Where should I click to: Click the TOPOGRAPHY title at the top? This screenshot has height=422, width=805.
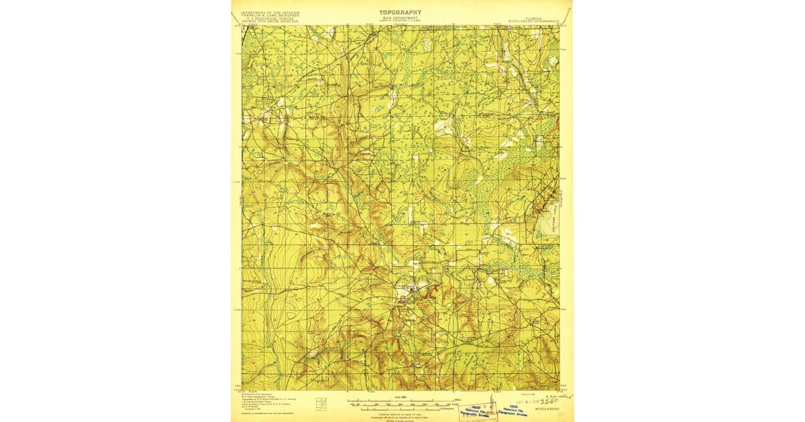(400, 12)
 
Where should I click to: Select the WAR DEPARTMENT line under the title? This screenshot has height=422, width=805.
(400, 19)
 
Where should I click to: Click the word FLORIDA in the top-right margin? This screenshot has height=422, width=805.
(535, 18)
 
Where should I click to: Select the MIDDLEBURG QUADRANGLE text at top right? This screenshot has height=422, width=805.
(535, 21)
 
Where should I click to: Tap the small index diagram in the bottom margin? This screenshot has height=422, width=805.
(321, 403)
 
